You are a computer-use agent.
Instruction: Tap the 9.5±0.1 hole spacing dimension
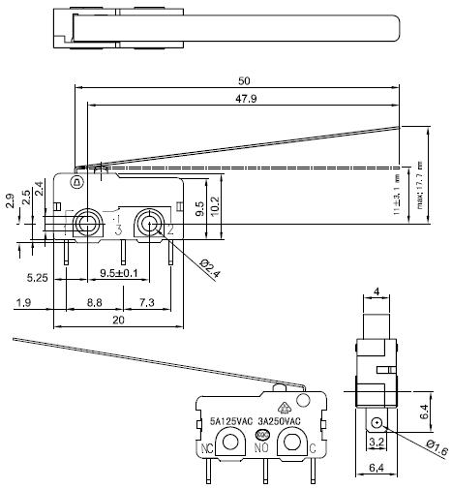[x=118, y=274]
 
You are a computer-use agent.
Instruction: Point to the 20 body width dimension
[x=117, y=320]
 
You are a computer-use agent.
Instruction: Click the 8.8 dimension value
[x=95, y=303]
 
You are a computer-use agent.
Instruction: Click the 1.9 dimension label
[x=26, y=303]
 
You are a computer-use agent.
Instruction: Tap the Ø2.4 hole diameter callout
[x=210, y=268]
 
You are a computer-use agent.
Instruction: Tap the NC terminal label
[x=206, y=449]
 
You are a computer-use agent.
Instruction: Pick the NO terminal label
[x=260, y=450]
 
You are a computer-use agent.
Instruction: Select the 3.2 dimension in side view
[x=377, y=443]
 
